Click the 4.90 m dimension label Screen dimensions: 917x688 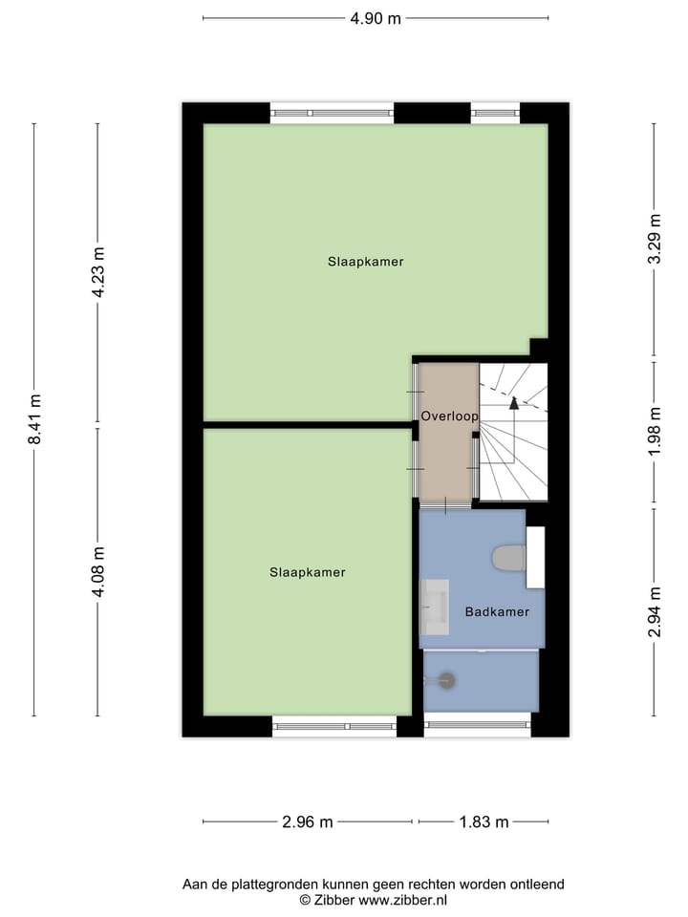[375, 18]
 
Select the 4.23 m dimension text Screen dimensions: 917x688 [97, 273]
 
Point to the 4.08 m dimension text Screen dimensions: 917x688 [97, 571]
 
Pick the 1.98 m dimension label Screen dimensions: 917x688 [655, 432]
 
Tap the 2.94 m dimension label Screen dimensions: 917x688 [655, 612]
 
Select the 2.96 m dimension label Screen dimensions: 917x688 [307, 821]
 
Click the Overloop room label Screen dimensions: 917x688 [449, 416]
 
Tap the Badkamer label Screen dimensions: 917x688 [497, 611]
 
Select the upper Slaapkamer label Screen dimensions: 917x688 [365, 261]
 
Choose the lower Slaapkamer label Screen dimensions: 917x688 [307, 572]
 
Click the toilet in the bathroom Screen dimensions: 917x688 [508, 557]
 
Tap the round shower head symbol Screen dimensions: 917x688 [446, 680]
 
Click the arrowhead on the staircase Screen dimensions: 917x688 [514, 402]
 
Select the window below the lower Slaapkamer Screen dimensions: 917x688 [334, 726]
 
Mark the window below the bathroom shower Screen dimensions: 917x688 [477, 726]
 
